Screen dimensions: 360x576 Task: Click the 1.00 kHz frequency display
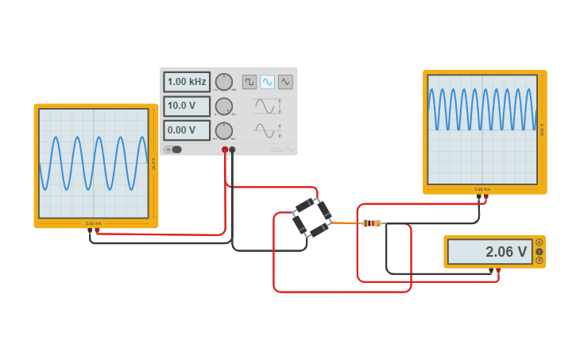pos(187,82)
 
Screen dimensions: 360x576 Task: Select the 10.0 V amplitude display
pos(187,106)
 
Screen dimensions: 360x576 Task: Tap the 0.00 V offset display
pos(187,130)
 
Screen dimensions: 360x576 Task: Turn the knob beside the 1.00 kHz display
pos(224,82)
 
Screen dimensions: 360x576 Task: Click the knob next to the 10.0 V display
pos(224,106)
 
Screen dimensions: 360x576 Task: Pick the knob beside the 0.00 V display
pos(224,130)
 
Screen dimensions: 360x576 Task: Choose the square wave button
pos(249,82)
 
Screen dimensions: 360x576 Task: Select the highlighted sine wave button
pos(268,82)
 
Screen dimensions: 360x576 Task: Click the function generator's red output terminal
pos(225,149)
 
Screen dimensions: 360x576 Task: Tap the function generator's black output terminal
pos(232,149)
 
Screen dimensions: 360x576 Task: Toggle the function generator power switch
pos(173,149)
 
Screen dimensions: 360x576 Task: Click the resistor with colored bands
pos(370,223)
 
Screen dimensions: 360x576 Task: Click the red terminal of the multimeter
pos(498,271)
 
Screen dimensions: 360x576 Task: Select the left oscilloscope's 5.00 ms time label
pos(93,223)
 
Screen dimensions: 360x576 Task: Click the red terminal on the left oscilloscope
pos(97,230)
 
